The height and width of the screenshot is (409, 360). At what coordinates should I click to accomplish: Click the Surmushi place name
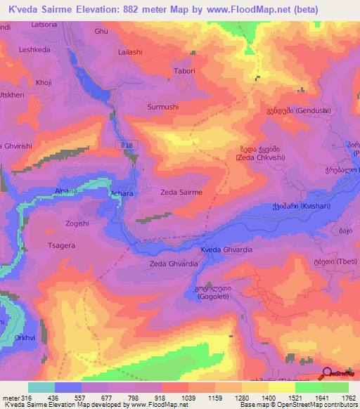(x=163, y=107)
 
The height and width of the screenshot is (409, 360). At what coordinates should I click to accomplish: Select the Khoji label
(x=44, y=82)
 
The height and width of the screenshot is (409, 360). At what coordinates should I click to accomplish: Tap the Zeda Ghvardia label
(x=172, y=264)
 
